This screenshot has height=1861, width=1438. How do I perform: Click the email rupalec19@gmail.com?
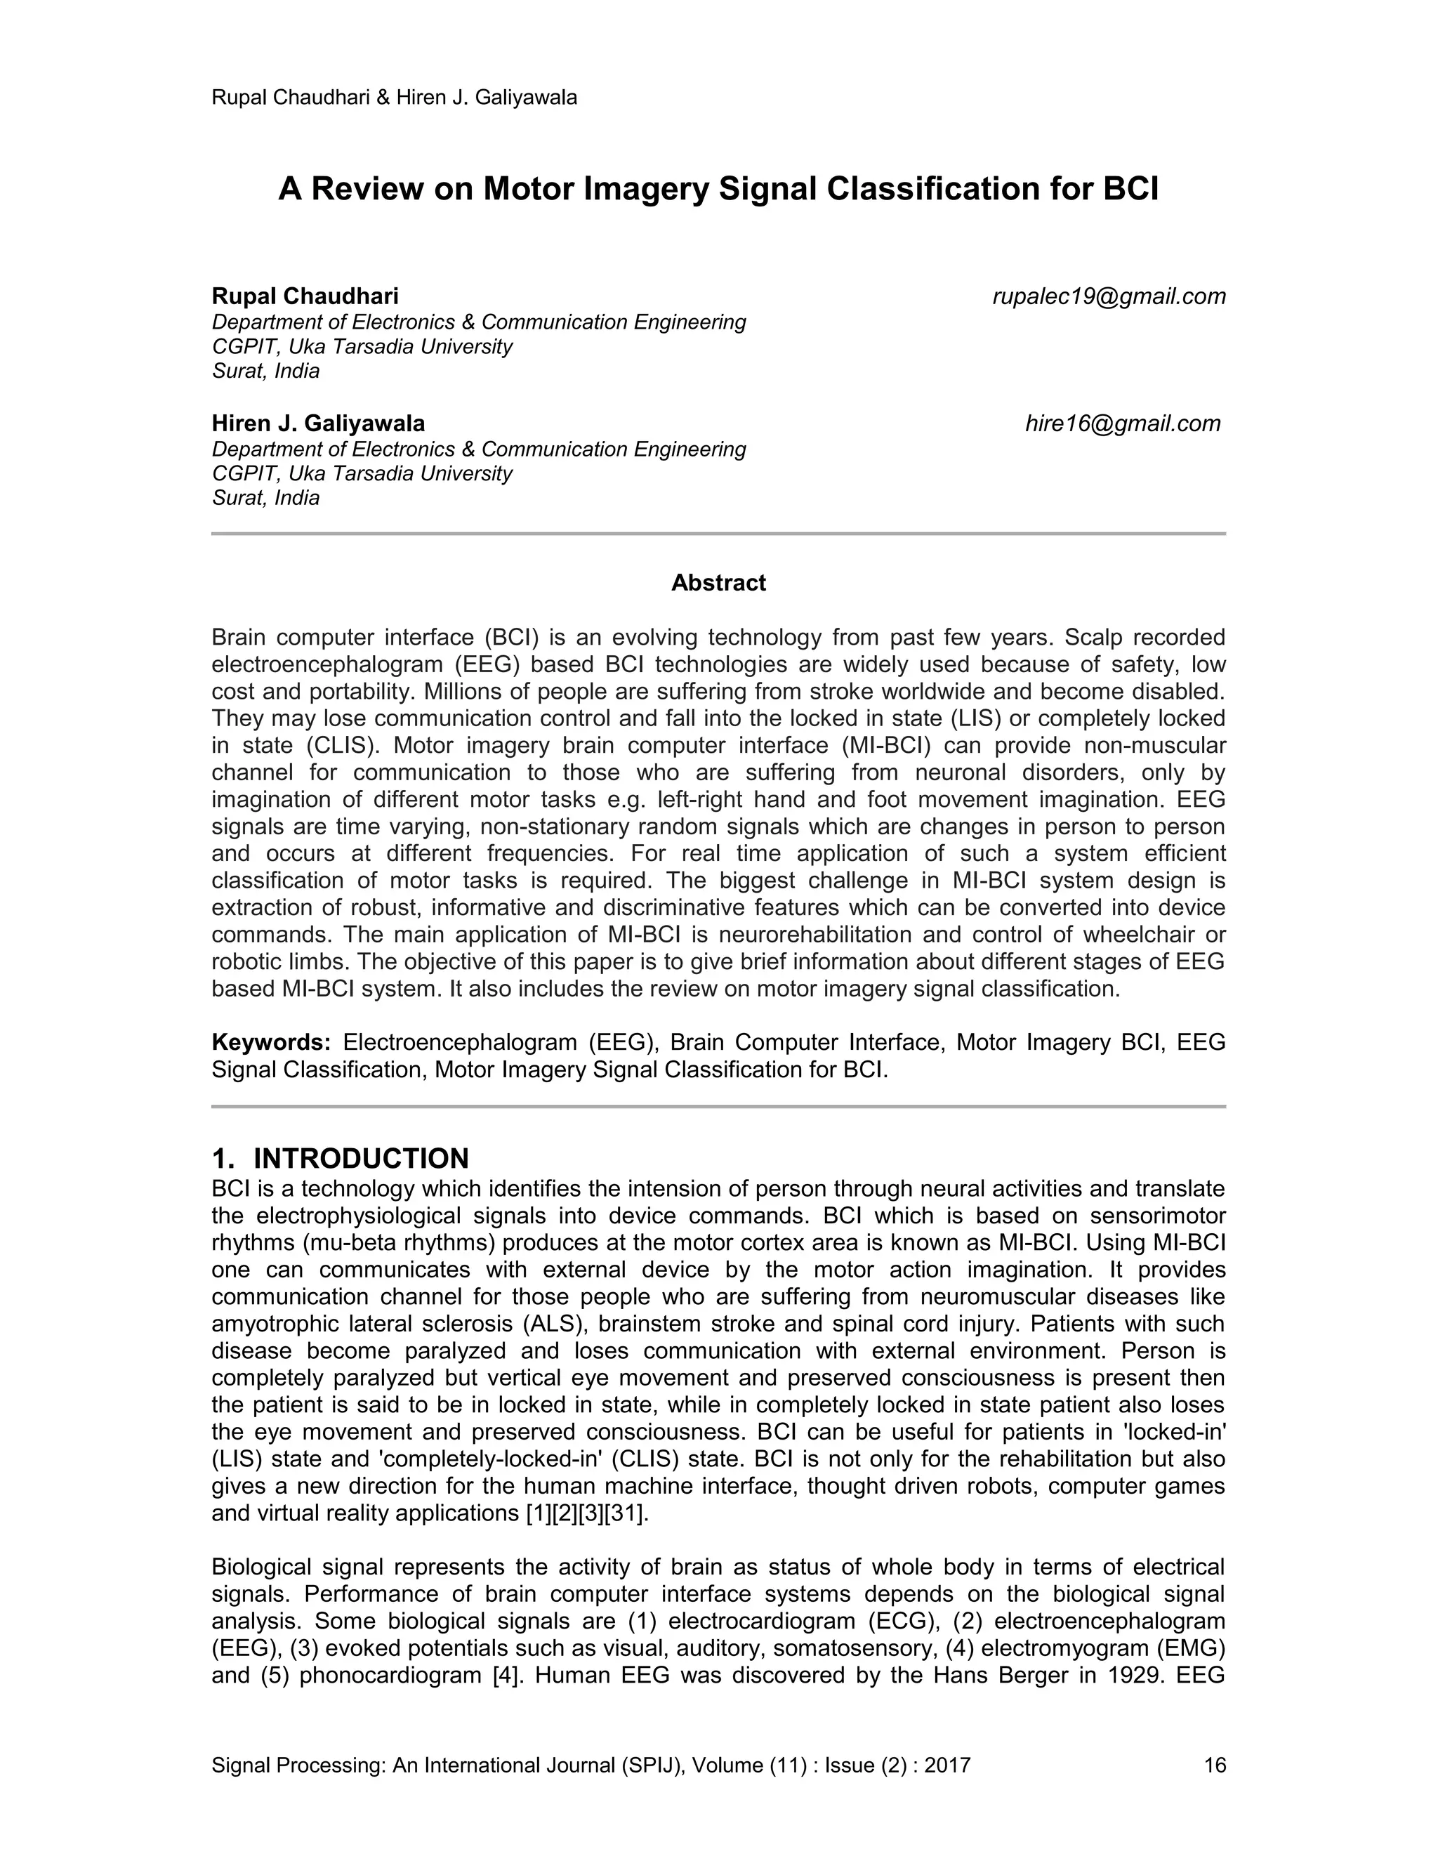pos(1108,296)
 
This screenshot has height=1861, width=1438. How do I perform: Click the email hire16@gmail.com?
pos(1122,423)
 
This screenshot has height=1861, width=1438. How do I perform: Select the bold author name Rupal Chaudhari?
pos(305,296)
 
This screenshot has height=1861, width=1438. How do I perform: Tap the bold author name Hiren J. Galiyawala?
pos(318,423)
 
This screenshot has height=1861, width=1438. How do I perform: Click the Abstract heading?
pos(718,583)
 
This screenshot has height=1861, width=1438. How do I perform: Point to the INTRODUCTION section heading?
pos(360,1159)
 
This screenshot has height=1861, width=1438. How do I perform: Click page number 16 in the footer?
pos(1214,1765)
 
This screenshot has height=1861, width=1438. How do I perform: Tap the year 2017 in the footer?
pos(947,1765)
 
